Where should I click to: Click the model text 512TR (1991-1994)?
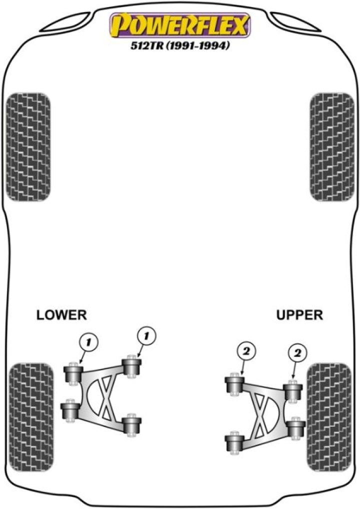click(x=180, y=46)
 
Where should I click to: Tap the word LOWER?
click(x=61, y=315)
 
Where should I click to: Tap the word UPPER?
click(x=299, y=315)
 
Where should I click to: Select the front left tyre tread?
click(x=28, y=147)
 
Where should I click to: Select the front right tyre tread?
click(x=332, y=147)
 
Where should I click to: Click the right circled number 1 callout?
click(x=146, y=336)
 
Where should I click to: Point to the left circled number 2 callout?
click(x=246, y=351)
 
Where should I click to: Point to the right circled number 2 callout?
click(x=297, y=353)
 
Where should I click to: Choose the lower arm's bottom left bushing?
click(x=70, y=410)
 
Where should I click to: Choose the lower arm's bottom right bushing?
click(x=132, y=425)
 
